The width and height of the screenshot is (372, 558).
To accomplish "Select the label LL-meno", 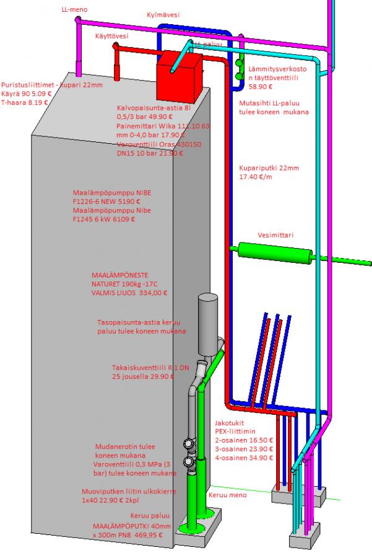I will tap(74, 10).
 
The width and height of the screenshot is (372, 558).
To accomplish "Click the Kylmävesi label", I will tap(163, 14).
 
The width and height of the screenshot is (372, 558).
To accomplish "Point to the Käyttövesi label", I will tap(112, 37).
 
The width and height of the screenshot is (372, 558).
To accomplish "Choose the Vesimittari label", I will tap(275, 235).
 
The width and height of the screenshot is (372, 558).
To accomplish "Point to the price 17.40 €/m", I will tap(257, 178).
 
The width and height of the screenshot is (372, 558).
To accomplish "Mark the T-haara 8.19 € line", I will tap(25, 102).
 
